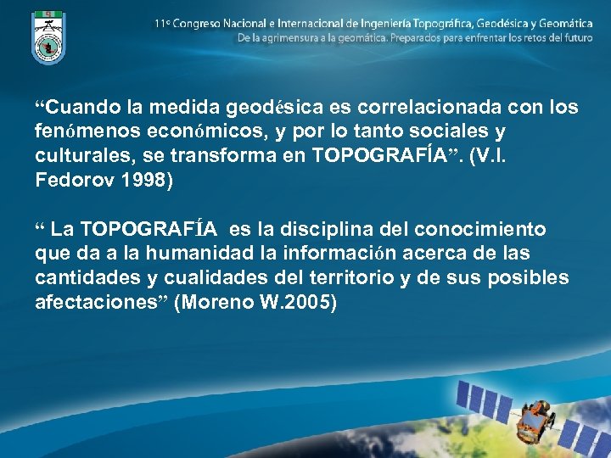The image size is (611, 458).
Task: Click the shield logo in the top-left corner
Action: (x=48, y=36)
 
